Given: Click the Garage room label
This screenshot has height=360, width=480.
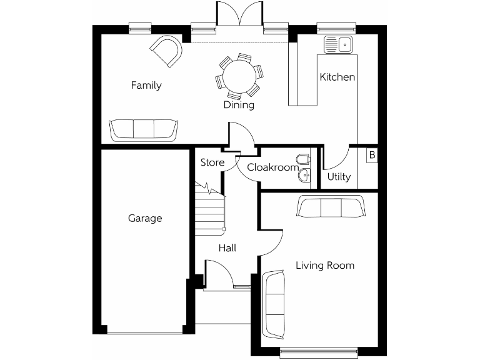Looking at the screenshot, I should pos(145,218).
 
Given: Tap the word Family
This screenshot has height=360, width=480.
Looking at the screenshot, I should pos(146,86).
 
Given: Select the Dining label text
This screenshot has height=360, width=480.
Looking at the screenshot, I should pos(239,105).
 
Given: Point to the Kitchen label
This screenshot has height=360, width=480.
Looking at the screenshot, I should pos(337,77).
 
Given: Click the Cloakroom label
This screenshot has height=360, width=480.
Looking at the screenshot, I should pos(272,167).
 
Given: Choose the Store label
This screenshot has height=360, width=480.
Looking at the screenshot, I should pos(212,163).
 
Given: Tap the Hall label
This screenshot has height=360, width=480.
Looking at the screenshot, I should pos(227,248).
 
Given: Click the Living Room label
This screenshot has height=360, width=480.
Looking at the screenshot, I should pos(325,266).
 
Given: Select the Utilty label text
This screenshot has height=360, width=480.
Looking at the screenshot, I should pos(339,177).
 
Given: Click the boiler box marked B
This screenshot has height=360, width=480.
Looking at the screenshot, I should pos(372,155).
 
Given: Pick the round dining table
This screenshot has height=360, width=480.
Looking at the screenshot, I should pos(240,76).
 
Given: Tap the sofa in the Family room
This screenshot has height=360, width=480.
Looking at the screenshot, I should pos(144,129).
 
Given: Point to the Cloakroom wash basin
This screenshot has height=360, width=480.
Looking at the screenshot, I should pos(304,176).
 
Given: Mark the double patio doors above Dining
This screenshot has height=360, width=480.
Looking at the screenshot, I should pos(240,16).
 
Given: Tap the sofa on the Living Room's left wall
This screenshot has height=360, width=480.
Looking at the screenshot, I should pos(275,301).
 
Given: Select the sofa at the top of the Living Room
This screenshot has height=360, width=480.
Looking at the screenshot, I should pos(331,207).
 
